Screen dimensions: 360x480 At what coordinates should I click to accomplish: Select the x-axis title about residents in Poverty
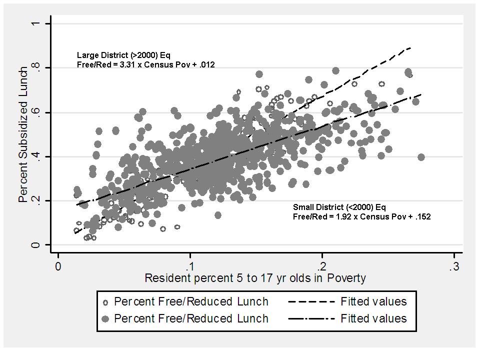(255, 278)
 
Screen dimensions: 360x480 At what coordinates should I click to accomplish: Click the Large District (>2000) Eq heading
(124, 55)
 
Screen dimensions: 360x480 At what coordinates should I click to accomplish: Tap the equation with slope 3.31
(146, 65)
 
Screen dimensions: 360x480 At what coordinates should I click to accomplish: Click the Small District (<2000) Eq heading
(339, 207)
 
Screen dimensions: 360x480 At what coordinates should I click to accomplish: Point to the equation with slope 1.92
(361, 217)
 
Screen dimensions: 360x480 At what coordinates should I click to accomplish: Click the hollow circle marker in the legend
(105, 302)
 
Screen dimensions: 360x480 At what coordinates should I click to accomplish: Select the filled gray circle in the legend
(105, 318)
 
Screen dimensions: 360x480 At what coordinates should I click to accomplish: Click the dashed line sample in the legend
(310, 302)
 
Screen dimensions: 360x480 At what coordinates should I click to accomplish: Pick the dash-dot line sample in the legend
(310, 318)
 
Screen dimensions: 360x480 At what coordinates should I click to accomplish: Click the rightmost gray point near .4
(421, 157)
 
